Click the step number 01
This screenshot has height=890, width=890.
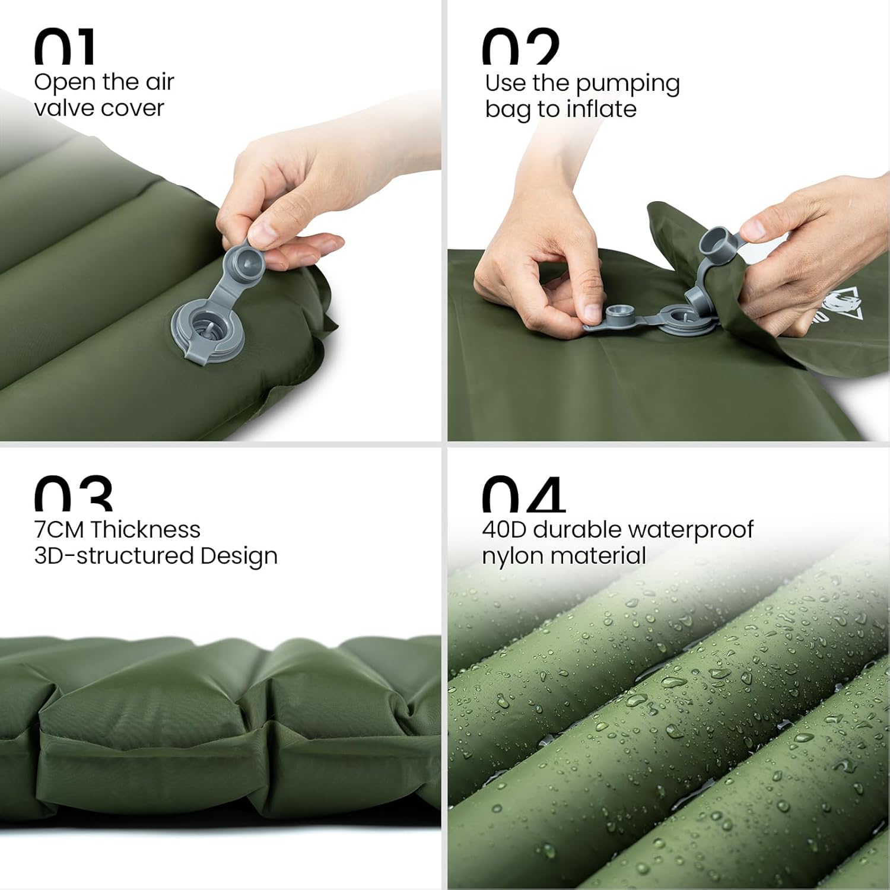64,47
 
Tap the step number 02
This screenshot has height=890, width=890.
520,47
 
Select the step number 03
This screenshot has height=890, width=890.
72,494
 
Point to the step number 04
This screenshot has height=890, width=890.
523,495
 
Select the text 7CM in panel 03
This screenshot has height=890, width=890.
59,529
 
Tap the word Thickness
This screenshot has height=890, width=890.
146,529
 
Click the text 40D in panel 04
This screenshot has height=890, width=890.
504,529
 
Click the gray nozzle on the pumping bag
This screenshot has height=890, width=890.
719,243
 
